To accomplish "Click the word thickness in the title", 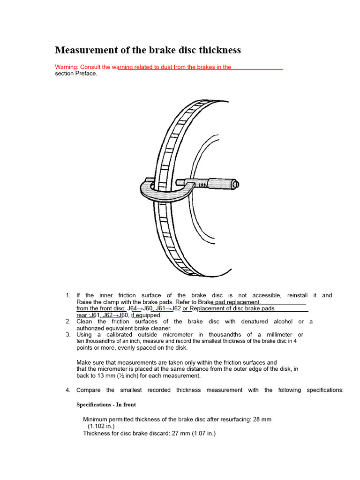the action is (x=220, y=50).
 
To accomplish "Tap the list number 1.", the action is (x=68, y=295).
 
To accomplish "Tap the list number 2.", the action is (x=68, y=322).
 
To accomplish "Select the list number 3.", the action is (x=68, y=335).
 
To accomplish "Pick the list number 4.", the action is (x=68, y=390).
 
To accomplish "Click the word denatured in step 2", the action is (x=255, y=322).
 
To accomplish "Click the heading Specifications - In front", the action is (x=106, y=405).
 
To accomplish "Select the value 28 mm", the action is (x=262, y=420).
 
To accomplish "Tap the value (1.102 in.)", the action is (x=101, y=426).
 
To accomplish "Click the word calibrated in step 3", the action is (x=120, y=335).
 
